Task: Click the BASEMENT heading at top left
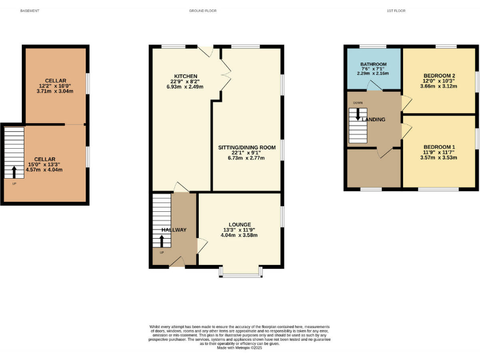click(x=30, y=11)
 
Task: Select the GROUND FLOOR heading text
click(x=203, y=11)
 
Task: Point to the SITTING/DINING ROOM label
click(x=246, y=147)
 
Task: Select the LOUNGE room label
click(x=239, y=224)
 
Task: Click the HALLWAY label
click(x=174, y=230)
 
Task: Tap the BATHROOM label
click(x=374, y=64)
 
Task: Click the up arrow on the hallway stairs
click(x=162, y=241)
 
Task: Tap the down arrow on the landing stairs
click(x=358, y=114)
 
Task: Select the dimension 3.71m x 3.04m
click(x=53, y=91)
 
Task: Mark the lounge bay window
click(x=240, y=272)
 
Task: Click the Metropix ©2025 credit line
click(x=240, y=348)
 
